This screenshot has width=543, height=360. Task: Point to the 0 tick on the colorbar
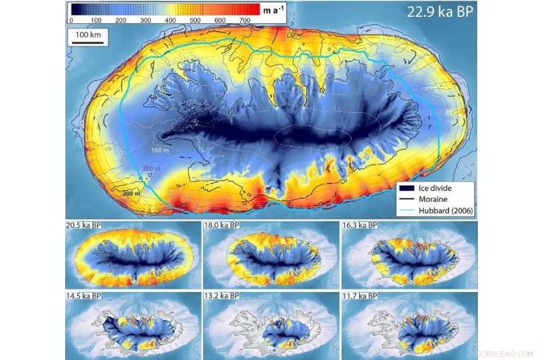coord(71,20)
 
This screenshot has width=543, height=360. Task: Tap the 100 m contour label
coord(160,149)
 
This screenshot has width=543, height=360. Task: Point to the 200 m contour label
coord(151,168)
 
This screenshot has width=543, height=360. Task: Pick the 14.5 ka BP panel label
coord(86,297)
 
